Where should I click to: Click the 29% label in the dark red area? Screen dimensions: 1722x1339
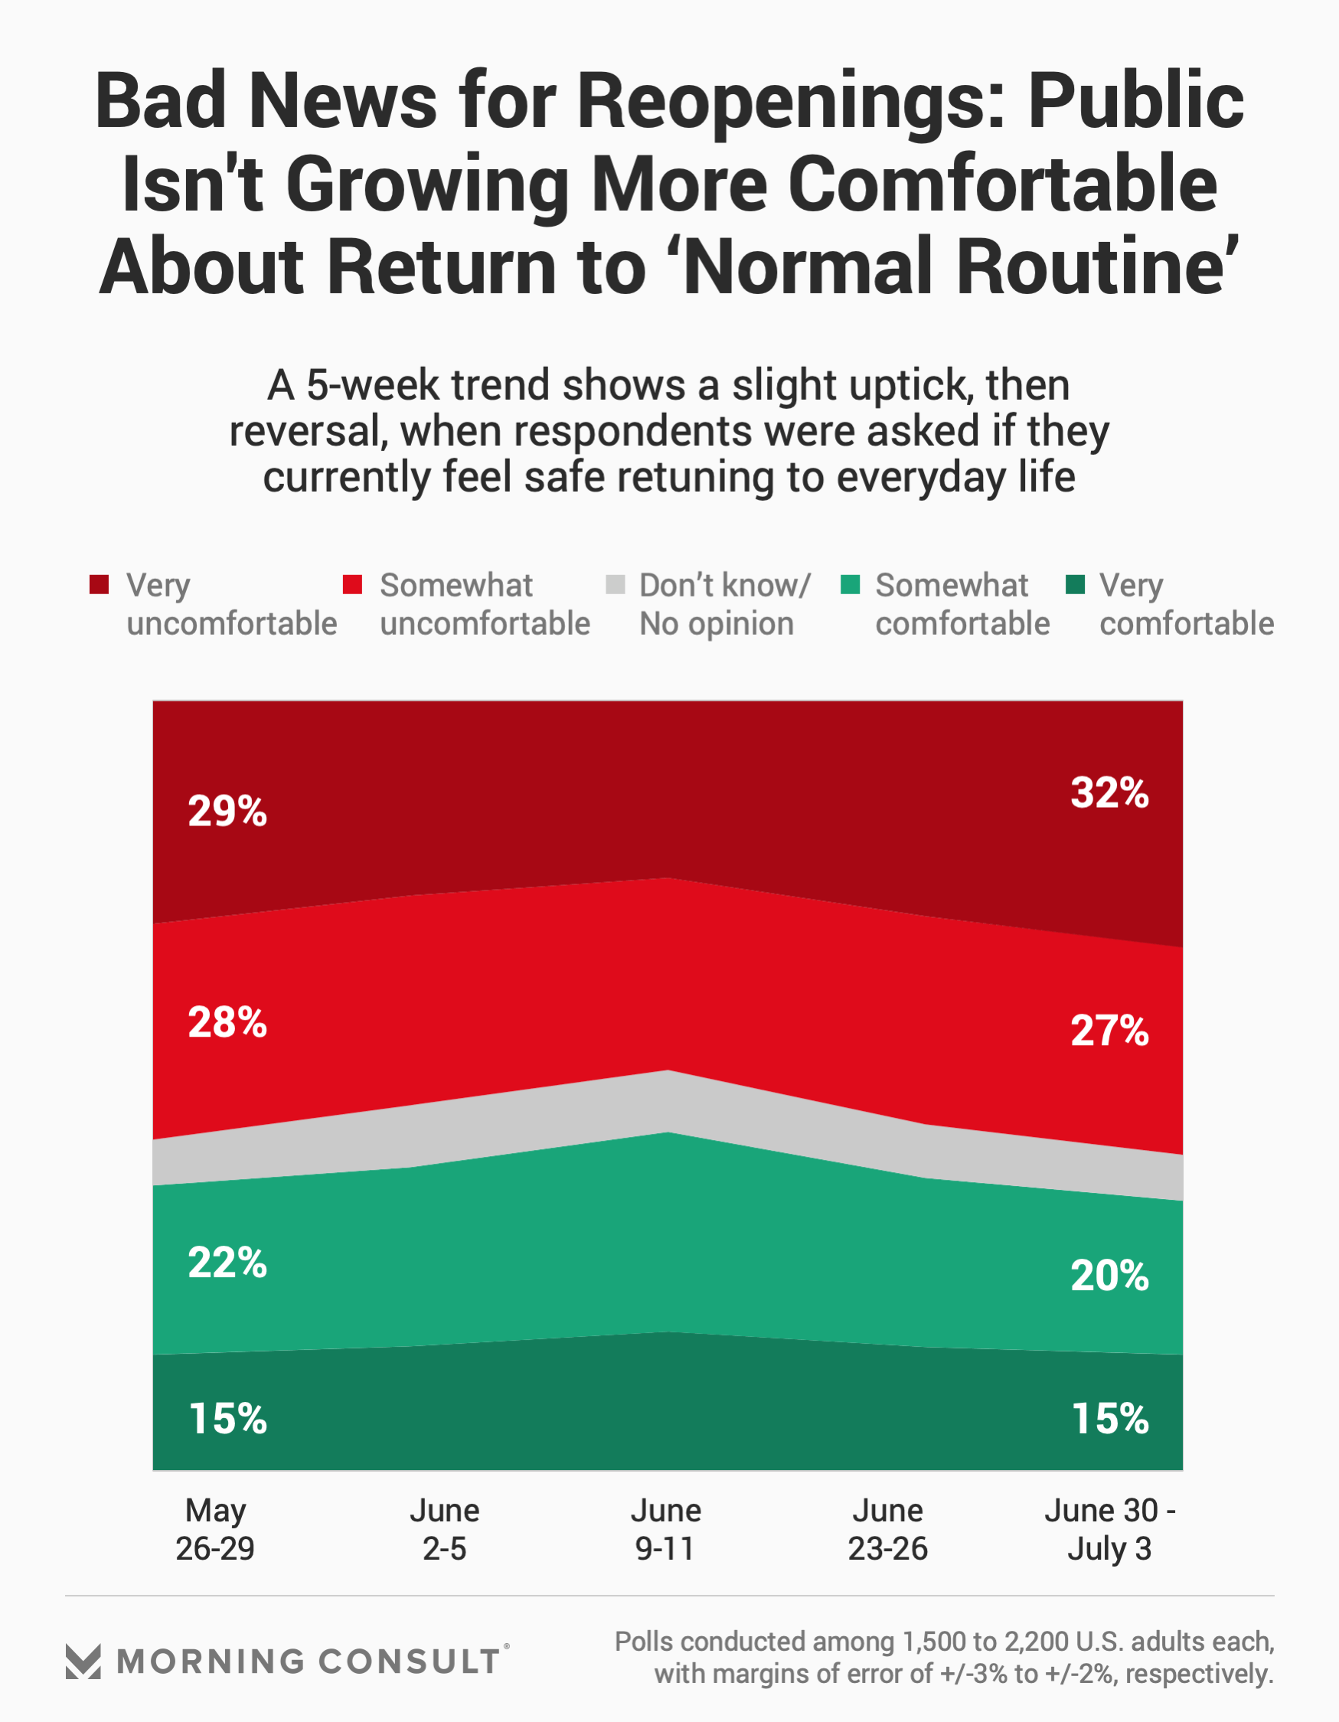227,812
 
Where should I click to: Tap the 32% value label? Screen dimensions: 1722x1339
1109,792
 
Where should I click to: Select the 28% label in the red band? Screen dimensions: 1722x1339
227,1023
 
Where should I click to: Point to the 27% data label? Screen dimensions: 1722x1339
1109,1031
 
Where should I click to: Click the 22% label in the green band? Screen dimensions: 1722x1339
227,1263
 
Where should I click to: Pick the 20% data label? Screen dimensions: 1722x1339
1109,1275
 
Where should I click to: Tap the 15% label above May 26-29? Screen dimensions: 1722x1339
227,1419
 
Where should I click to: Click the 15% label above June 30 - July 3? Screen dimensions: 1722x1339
1109,1419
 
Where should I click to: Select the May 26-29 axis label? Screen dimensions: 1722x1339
215,1530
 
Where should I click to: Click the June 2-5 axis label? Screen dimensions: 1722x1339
444,1530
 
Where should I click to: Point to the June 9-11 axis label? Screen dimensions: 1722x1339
665,1530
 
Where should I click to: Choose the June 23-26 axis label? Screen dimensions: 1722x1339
887,1530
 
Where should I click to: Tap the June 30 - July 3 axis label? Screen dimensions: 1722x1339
1109,1530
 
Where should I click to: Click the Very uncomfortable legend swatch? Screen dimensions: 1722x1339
100,584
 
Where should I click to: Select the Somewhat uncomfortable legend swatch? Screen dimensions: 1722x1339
352,584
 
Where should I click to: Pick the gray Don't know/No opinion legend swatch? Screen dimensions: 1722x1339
615,584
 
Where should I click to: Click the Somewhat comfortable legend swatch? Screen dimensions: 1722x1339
850,584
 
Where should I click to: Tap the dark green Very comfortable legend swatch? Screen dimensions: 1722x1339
1075,584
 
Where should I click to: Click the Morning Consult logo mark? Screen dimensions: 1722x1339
83,1662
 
